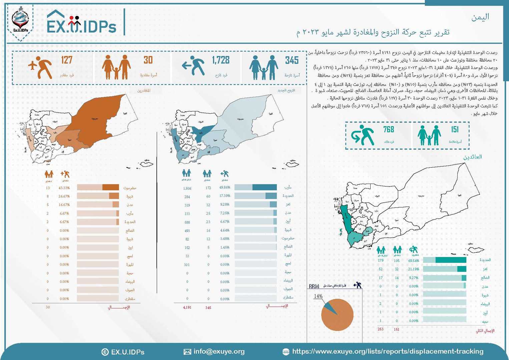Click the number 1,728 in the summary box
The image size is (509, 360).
coord(221,60)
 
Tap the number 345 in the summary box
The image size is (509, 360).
coord(292,60)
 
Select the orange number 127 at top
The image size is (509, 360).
coord(67,60)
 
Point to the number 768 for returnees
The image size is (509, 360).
coord(389,129)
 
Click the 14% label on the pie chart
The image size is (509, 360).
coord(318,296)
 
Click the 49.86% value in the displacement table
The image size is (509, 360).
coord(225,187)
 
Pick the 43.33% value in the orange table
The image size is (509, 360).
coord(64,188)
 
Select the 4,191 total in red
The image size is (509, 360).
coord(187,307)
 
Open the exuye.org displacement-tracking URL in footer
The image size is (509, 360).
coord(388,351)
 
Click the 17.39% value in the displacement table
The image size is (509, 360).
coord(225,196)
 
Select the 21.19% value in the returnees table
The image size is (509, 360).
coord(414,269)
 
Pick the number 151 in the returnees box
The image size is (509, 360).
coord(455,129)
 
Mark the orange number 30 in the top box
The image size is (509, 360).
coord(148,60)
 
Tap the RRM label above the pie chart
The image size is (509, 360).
coord(314,286)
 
